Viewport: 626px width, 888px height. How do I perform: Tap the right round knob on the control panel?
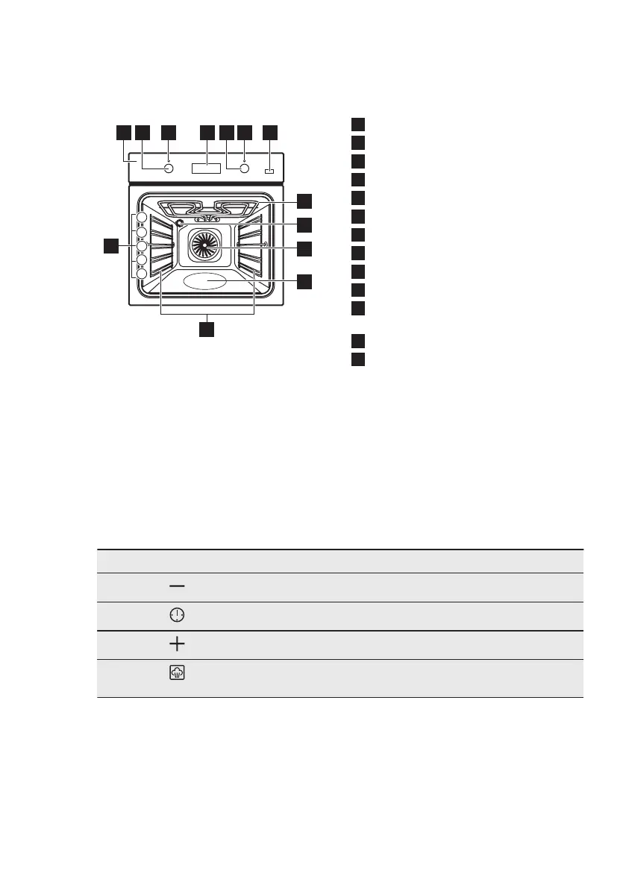pos(244,169)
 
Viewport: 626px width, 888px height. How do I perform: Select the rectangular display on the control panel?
pos(206,169)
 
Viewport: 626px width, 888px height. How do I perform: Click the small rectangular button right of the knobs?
pos(269,171)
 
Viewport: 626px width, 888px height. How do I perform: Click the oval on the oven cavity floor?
pos(205,282)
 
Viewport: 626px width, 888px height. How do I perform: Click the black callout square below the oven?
pos(207,328)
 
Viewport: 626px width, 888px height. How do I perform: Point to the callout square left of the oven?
pos(110,245)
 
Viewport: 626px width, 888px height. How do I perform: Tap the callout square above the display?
pos(207,133)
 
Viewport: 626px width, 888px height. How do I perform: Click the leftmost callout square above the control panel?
pos(123,133)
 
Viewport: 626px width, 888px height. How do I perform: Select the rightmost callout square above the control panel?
pos(270,133)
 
